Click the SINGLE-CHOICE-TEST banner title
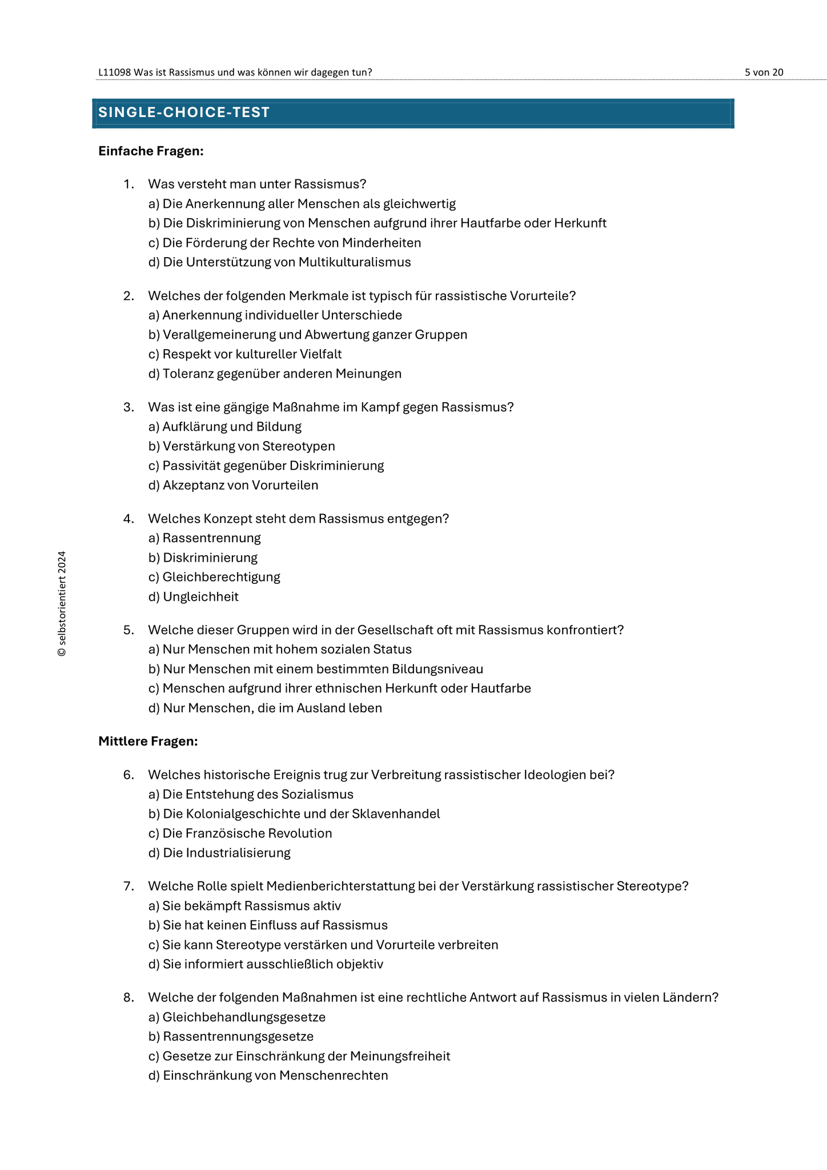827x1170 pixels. [x=184, y=113]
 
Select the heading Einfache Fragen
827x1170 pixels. [x=151, y=151]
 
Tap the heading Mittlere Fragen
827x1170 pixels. [x=148, y=741]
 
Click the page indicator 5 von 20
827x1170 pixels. [x=764, y=72]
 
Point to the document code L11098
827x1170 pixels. [x=115, y=72]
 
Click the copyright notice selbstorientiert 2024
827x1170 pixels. [x=62, y=603]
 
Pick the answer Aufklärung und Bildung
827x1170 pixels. [x=231, y=427]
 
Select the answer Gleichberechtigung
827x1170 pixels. [x=221, y=577]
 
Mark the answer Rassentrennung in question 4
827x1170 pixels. [x=211, y=538]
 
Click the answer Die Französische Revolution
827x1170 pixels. [x=247, y=834]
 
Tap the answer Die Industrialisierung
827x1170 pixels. [x=226, y=853]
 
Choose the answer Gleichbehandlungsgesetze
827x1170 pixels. [x=244, y=1017]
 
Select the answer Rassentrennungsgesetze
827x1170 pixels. [x=238, y=1036]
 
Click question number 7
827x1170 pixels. [x=128, y=886]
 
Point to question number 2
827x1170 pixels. [x=128, y=296]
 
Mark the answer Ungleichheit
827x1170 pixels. [x=200, y=597]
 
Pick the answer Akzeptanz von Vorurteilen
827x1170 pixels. [x=240, y=486]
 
